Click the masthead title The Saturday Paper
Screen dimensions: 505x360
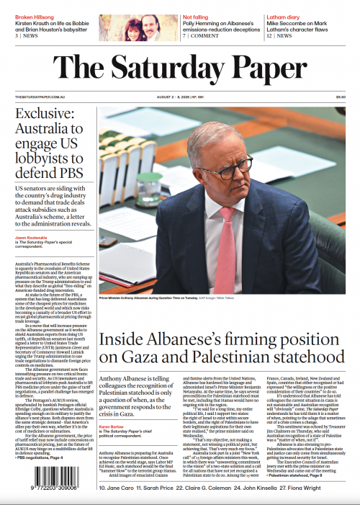pyautogui.click(x=180, y=68)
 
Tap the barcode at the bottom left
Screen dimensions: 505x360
pyautogui.click(x=41, y=487)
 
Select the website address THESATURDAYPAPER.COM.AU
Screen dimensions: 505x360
pyautogui.click(x=40, y=97)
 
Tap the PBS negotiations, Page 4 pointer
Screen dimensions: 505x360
pyautogui.click(x=40, y=457)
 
